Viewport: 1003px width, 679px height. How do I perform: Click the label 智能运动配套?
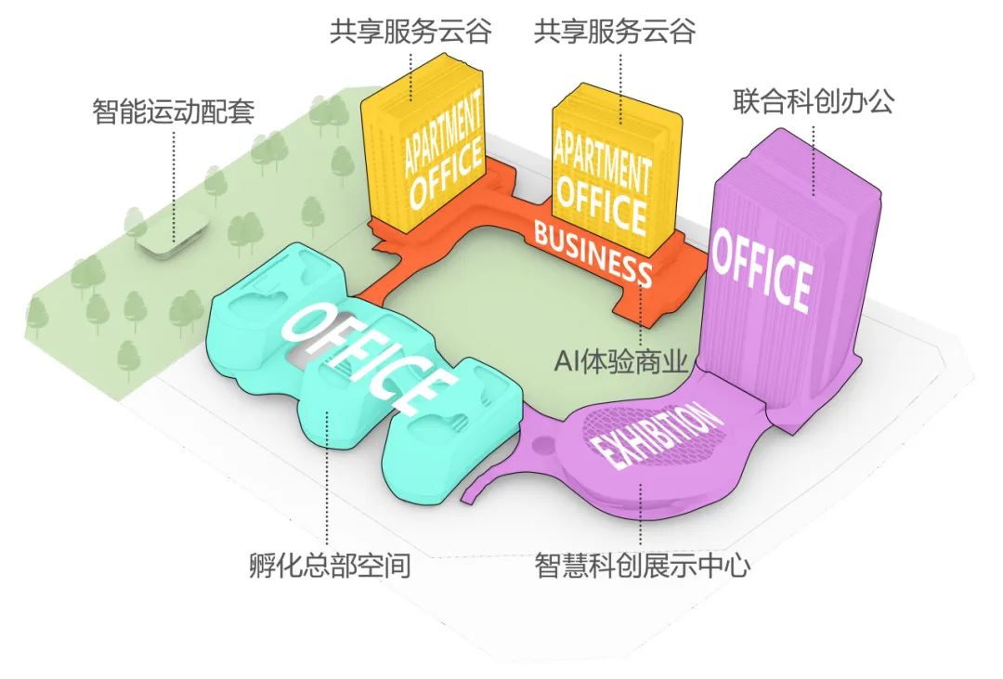[174, 111]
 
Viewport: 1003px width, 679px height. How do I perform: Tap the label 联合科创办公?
[813, 101]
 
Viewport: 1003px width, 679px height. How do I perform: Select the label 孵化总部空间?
[330, 566]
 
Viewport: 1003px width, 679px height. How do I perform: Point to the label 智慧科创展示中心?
[643, 566]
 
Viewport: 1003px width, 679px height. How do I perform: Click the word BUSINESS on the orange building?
[593, 254]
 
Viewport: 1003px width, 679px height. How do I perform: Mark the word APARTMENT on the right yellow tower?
[601, 156]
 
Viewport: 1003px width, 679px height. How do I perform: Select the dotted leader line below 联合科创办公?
[813, 160]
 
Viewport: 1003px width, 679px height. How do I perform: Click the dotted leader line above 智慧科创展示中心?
[640, 513]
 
